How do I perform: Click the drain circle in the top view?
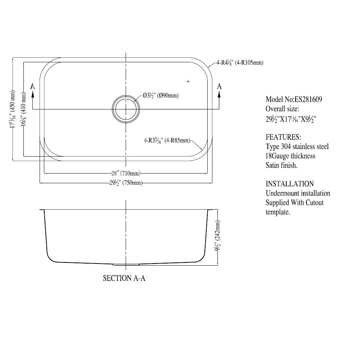click(x=125, y=109)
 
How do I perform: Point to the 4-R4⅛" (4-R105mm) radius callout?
click(x=240, y=63)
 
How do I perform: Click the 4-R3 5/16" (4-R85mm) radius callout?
click(x=167, y=141)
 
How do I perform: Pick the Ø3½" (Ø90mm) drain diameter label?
click(x=161, y=96)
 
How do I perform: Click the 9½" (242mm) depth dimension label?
click(x=217, y=238)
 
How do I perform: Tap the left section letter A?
click(x=33, y=86)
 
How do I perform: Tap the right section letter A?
click(x=219, y=86)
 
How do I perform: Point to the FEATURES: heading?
click(x=283, y=138)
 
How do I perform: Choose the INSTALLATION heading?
click(x=289, y=184)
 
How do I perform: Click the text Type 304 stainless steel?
click(x=297, y=147)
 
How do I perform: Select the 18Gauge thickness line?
click(x=290, y=156)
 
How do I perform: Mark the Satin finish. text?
click(x=282, y=166)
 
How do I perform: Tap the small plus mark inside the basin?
click(x=188, y=82)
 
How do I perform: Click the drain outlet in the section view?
click(x=125, y=265)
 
